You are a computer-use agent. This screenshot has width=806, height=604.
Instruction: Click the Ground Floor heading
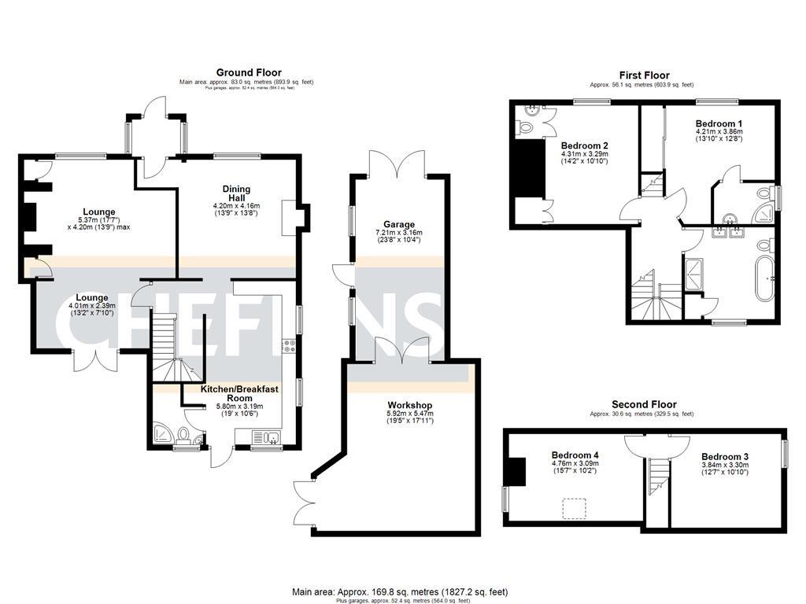249,72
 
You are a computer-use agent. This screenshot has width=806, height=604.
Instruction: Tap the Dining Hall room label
236,194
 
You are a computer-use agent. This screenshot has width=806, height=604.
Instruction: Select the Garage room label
399,224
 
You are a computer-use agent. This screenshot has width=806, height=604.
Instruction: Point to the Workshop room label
409,405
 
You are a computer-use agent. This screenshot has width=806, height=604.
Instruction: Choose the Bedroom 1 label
719,124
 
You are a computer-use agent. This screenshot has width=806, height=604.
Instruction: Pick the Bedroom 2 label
584,145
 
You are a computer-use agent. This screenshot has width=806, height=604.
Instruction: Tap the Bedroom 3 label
725,456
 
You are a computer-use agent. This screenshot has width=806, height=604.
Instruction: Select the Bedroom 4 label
575,455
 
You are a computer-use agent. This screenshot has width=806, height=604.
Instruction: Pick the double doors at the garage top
399,164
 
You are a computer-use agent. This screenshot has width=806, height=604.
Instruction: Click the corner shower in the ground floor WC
163,434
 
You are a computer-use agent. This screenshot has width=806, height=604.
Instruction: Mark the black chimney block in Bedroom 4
517,473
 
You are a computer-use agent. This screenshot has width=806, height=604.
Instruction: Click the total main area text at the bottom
400,592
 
